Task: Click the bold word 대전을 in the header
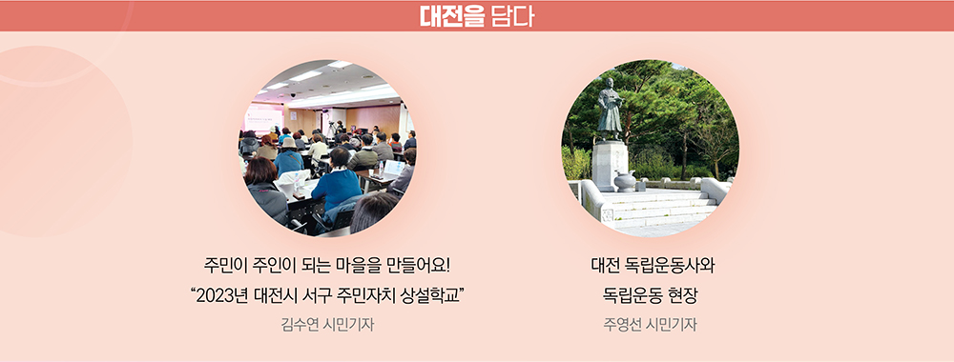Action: pyautogui.click(x=450, y=16)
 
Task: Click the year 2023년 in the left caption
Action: pyautogui.click(x=221, y=297)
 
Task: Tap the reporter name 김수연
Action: pyautogui.click(x=301, y=325)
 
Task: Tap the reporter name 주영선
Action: pyautogui.click(x=623, y=325)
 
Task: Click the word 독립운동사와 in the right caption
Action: pyautogui.click(x=676, y=266)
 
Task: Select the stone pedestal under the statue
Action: pyautogui.click(x=610, y=164)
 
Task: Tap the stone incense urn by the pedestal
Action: pyautogui.click(x=626, y=181)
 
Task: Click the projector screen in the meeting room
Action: pyautogui.click(x=264, y=118)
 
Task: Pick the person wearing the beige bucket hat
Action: pyautogui.click(x=288, y=155)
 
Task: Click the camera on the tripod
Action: pyautogui.click(x=332, y=113)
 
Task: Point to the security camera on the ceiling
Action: pyautogui.click(x=293, y=95)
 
